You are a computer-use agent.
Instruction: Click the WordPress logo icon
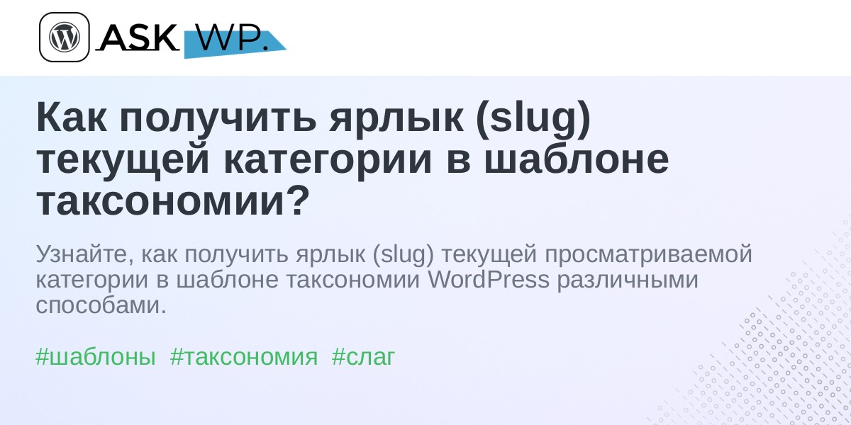[x=65, y=37]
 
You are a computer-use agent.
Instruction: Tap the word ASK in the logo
[x=138, y=38]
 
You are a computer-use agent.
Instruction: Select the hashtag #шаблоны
[x=95, y=357]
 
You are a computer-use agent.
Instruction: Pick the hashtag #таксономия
[x=243, y=357]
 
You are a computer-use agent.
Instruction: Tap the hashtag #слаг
[x=363, y=357]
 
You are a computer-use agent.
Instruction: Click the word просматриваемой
[x=648, y=254]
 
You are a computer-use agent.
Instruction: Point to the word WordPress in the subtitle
[x=489, y=280]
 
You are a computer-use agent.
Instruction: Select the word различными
[x=628, y=280]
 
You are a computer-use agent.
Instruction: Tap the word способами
[x=101, y=305]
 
